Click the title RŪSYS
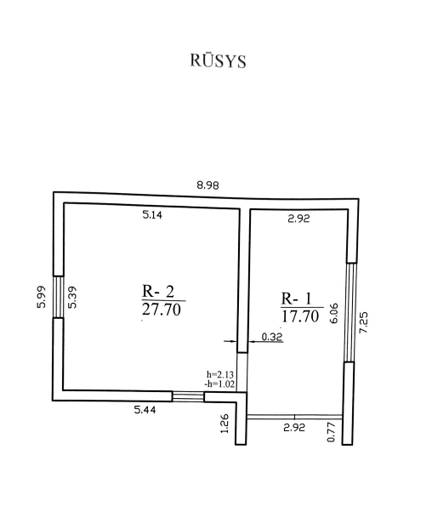[x=219, y=61]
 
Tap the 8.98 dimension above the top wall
[x=207, y=185]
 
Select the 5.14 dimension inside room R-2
[x=152, y=215]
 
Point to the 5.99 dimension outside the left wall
[x=41, y=297]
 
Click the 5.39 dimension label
[x=72, y=297]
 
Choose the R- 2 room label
[x=158, y=291]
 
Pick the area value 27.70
[x=162, y=310]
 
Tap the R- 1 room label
[x=297, y=299]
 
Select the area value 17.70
[x=300, y=316]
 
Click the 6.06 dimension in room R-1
[x=334, y=314]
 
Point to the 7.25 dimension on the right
[x=363, y=323]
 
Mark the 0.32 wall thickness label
[x=272, y=337]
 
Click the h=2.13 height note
[x=220, y=374]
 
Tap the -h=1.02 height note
[x=219, y=384]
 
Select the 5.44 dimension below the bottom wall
[x=145, y=410]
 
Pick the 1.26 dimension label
[x=225, y=424]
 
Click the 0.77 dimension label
[x=332, y=432]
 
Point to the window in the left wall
[x=58, y=297]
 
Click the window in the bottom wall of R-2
[x=188, y=396]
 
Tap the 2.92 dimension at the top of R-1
[x=298, y=219]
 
